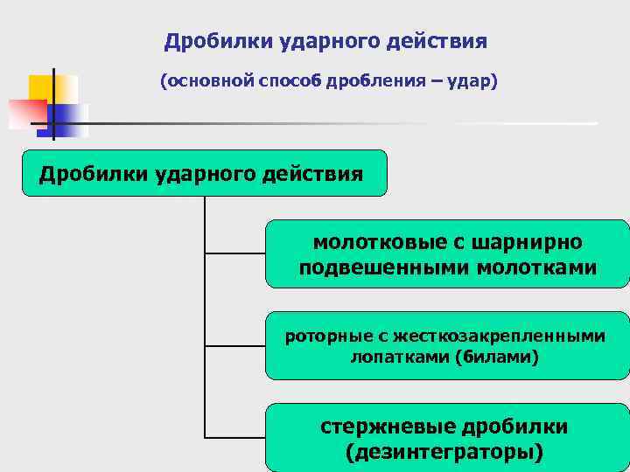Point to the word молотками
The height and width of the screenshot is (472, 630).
tap(537, 267)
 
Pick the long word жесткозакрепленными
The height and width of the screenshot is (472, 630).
tap(499, 336)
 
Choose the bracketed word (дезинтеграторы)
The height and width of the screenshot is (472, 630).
tap(444, 453)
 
